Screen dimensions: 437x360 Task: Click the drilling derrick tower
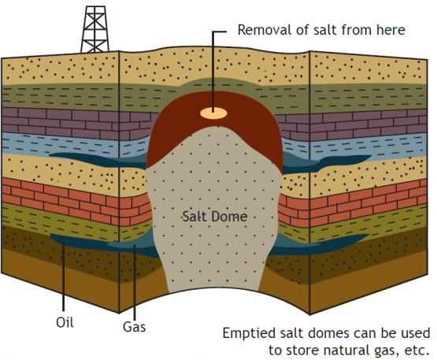pyautogui.click(x=94, y=30)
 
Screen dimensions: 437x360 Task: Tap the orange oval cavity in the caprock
pyautogui.click(x=213, y=113)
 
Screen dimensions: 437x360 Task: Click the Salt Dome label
pyautogui.click(x=215, y=217)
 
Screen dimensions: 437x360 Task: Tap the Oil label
pyautogui.click(x=65, y=323)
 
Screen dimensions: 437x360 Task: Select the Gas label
pyautogui.click(x=135, y=327)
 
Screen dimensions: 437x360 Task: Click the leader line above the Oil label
pyautogui.click(x=64, y=276)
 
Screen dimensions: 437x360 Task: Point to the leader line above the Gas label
pyautogui.click(x=135, y=283)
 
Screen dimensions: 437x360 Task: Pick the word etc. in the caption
pyautogui.click(x=417, y=351)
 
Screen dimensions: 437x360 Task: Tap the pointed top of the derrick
pyautogui.click(x=94, y=6)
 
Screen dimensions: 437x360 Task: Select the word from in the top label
pyautogui.click(x=357, y=30)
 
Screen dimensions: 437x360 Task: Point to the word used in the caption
pyautogui.click(x=416, y=333)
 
